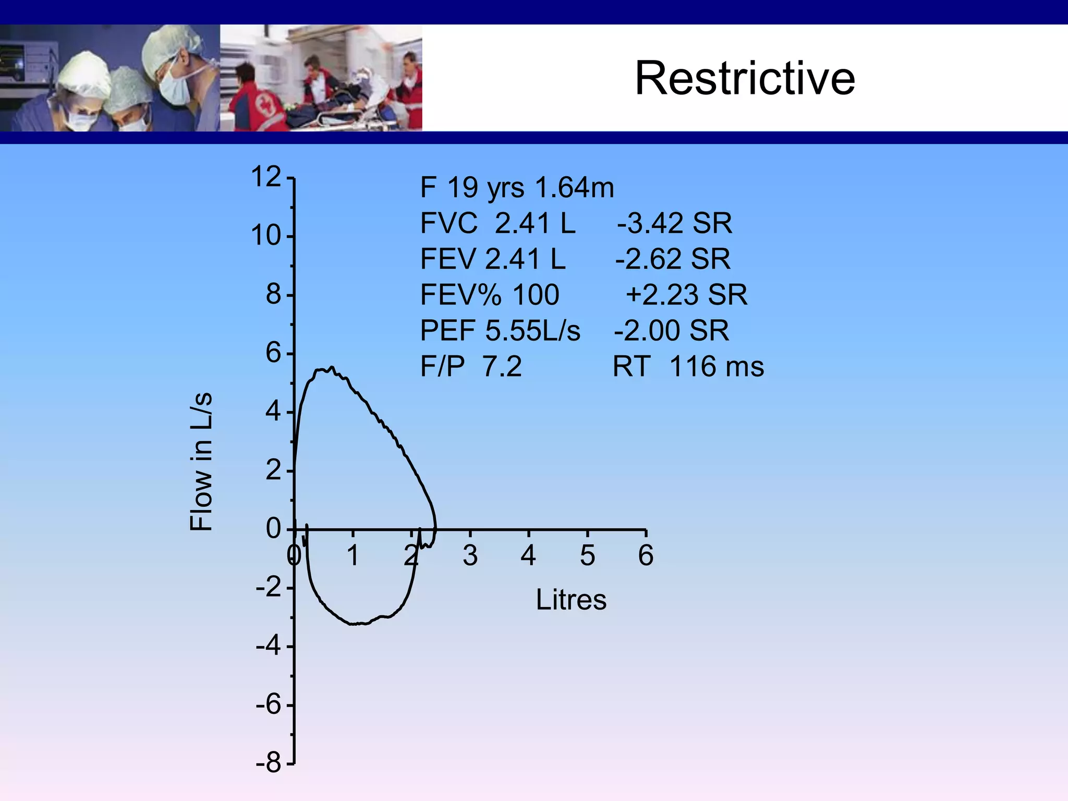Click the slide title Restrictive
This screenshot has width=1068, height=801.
[745, 78]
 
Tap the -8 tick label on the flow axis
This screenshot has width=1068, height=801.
[269, 763]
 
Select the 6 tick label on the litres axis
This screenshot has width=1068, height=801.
[646, 555]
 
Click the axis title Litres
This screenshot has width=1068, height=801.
[571, 600]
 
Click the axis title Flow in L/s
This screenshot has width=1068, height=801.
[201, 462]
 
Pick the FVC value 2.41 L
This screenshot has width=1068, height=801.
[535, 223]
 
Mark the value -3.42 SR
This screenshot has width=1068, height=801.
[674, 223]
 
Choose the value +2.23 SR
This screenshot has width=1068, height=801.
[686, 295]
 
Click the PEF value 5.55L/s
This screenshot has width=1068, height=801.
[532, 331]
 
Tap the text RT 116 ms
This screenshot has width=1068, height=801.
[688, 366]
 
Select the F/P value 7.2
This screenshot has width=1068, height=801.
[502, 366]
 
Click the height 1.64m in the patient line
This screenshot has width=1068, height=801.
[575, 187]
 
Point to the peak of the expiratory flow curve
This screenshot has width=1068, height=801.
[332, 367]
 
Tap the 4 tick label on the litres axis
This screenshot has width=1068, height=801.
[528, 555]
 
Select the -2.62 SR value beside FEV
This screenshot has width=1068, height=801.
[673, 259]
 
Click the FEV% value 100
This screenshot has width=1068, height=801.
[536, 295]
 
